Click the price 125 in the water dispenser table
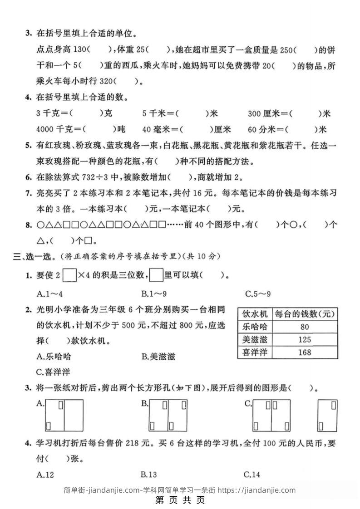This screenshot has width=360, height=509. (305, 339)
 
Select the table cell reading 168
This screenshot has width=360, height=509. (305, 352)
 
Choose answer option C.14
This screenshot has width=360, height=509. (252, 475)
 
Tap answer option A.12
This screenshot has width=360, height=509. (45, 475)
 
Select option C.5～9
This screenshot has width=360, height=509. (257, 294)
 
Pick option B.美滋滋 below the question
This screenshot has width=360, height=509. (158, 357)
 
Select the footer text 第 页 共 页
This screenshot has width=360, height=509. (180, 500)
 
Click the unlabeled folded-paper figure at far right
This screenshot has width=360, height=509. (327, 415)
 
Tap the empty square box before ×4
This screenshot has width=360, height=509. (70, 275)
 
